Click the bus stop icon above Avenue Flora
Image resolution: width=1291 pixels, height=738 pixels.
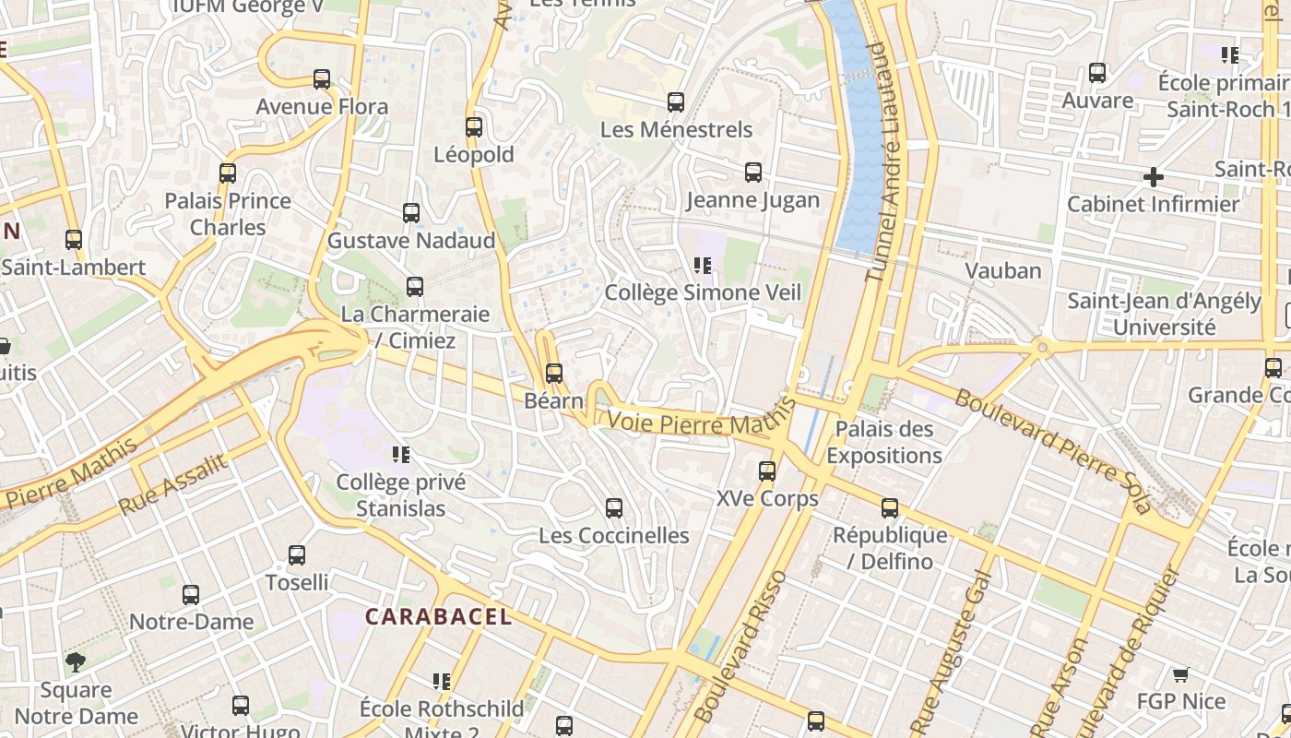322,79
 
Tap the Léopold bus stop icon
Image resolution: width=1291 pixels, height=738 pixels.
474,127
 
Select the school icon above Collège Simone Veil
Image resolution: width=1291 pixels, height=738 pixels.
703,266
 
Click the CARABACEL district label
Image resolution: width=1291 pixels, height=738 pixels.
438,616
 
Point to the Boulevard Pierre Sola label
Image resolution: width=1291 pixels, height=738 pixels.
1052,451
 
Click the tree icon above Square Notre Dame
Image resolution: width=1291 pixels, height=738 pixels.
76,661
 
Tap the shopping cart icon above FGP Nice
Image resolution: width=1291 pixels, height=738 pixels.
1180,674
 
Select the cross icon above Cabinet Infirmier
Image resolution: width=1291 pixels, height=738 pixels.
1153,176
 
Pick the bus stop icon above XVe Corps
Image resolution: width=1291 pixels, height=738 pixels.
767,471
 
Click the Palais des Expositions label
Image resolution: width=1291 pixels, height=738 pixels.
884,442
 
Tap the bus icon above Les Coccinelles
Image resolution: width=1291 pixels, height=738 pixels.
614,508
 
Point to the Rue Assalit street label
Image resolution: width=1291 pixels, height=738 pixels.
172,485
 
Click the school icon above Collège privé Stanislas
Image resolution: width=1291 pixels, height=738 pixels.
401,455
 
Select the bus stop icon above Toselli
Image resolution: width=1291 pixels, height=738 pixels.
297,555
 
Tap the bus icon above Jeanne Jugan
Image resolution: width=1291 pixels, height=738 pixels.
753,173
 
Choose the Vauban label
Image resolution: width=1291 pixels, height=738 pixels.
1003,270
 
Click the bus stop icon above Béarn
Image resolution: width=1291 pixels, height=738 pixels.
554,374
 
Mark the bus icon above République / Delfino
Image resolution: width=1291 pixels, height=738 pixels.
890,508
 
